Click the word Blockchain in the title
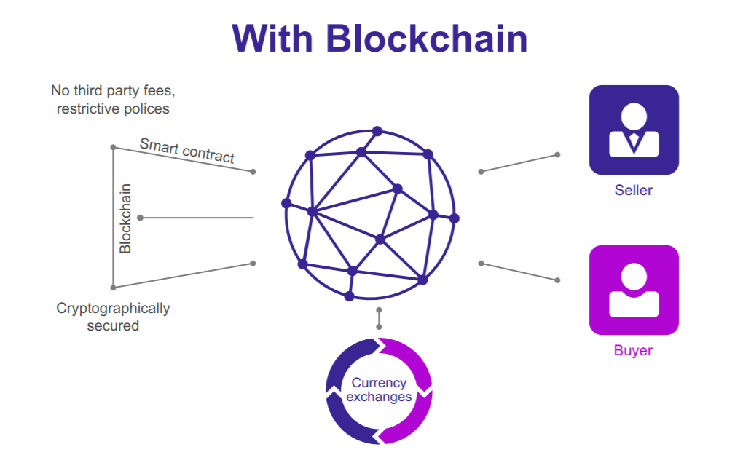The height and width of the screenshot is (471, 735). tap(427, 39)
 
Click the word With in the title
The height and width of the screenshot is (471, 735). tap(273, 39)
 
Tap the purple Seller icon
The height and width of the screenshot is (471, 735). tap(633, 130)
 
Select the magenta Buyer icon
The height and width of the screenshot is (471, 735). tap(633, 290)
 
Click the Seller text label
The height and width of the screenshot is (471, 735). tap(633, 191)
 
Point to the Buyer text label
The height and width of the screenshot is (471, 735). tap(633, 350)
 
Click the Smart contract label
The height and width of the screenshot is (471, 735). tap(187, 150)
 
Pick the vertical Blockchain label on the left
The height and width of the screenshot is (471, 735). tap(125, 218)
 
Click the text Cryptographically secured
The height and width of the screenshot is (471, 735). tap(113, 317)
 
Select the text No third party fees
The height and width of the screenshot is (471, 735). tap(113, 91)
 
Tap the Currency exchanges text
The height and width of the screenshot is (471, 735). tap(379, 389)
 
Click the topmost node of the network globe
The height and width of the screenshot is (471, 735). tap(377, 131)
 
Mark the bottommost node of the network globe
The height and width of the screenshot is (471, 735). tap(349, 296)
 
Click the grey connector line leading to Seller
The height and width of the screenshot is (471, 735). tap(519, 163)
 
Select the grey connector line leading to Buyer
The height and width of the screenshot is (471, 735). tap(519, 272)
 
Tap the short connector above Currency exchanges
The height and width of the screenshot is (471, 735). tap(379, 318)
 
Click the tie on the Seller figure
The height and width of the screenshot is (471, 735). tap(634, 140)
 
